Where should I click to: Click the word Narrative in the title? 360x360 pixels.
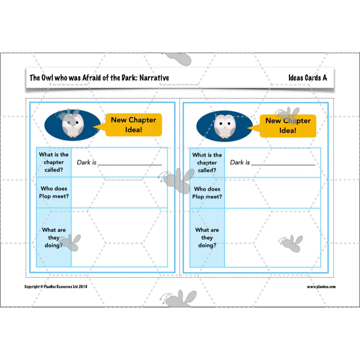pyautogui.click(x=154, y=78)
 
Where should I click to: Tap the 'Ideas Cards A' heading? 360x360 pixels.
pyautogui.click(x=308, y=78)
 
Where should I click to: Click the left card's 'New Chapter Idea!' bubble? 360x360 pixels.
pyautogui.click(x=133, y=125)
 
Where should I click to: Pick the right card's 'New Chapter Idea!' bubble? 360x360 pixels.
pyautogui.click(x=288, y=126)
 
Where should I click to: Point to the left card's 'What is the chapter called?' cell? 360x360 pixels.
pyautogui.click(x=54, y=162)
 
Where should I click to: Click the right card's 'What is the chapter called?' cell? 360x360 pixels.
pyautogui.click(x=207, y=162)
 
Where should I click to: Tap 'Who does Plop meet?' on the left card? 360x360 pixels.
pyautogui.click(x=54, y=193)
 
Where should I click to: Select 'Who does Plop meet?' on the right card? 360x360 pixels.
pyautogui.click(x=207, y=193)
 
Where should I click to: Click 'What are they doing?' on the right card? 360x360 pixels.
pyautogui.click(x=207, y=238)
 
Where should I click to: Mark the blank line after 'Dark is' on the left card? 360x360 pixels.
pyautogui.click(x=130, y=165)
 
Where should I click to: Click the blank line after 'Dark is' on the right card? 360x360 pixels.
pyautogui.click(x=283, y=165)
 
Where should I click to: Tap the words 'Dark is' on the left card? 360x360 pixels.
pyautogui.click(x=86, y=162)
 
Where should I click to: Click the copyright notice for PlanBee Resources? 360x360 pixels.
pyautogui.click(x=56, y=287)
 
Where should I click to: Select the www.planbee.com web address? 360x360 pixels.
pyautogui.click(x=321, y=287)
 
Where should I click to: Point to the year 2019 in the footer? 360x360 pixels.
pyautogui.click(x=83, y=287)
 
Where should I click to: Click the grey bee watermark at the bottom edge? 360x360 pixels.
pyautogui.click(x=178, y=298)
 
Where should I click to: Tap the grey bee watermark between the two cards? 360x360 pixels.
pyautogui.click(x=176, y=180)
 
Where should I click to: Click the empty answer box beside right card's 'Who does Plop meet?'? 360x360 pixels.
pyautogui.click(x=273, y=193)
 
